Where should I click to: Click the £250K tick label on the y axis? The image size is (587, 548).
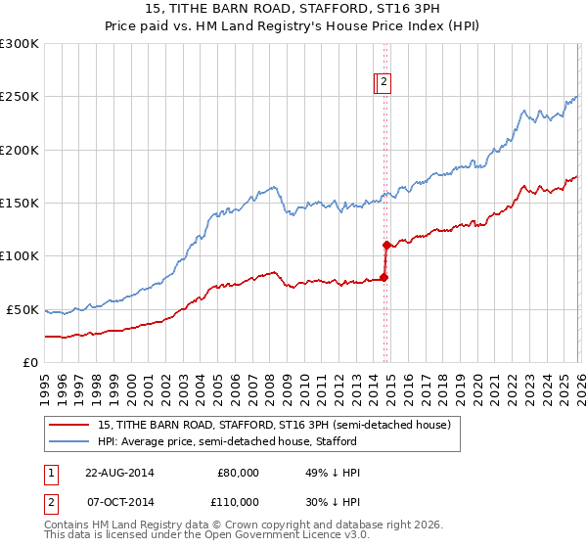[20, 97]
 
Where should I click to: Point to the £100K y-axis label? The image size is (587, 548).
[20, 256]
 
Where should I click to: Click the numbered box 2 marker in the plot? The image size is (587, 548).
[384, 83]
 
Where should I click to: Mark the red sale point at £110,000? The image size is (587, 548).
[386, 245]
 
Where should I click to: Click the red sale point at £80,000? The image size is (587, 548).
[384, 277]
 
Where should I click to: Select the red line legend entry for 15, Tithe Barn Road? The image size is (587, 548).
[273, 426]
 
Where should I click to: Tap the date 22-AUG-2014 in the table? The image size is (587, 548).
[118, 473]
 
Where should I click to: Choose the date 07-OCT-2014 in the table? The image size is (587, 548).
[118, 500]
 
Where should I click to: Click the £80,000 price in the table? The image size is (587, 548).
[238, 473]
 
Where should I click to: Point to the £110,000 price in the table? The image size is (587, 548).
[238, 500]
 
